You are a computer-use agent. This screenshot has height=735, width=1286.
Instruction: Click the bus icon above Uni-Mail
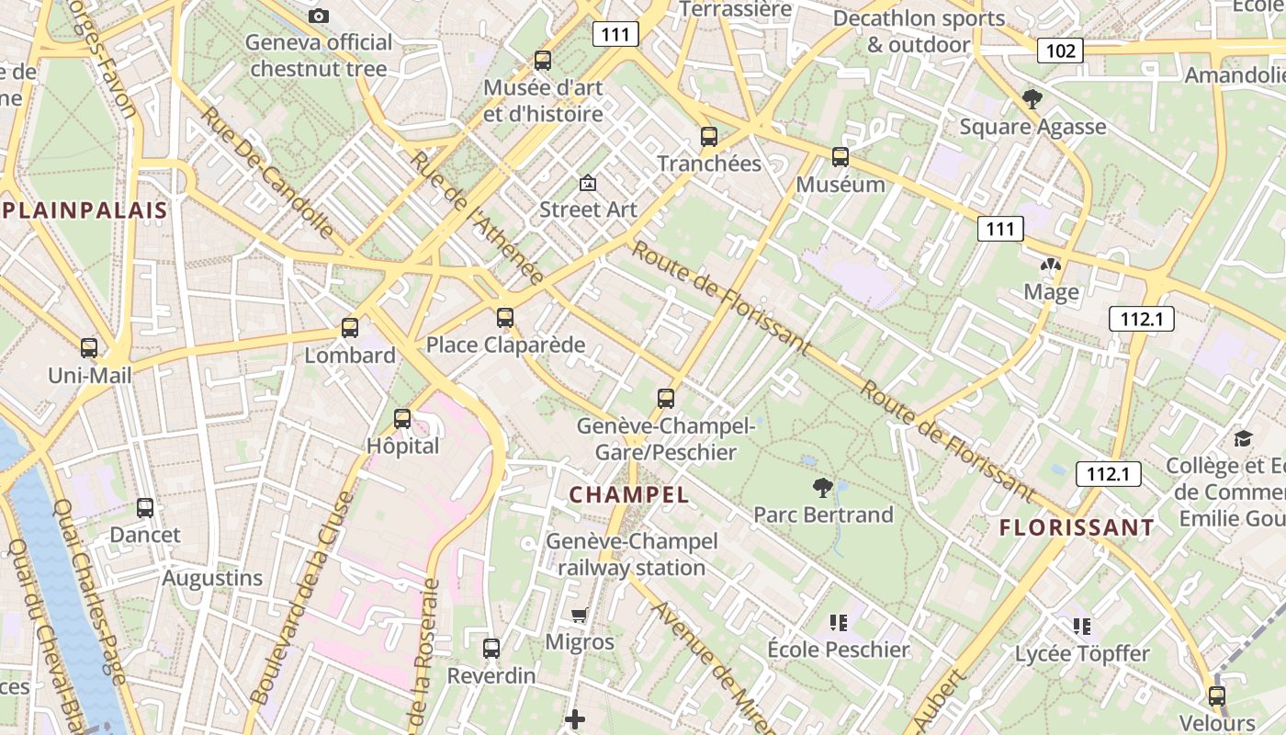click(89, 348)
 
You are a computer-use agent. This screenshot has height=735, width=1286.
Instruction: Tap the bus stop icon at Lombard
click(350, 328)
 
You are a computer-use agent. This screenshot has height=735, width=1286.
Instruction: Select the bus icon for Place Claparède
click(505, 318)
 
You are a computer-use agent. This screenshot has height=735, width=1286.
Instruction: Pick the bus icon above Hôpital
click(402, 419)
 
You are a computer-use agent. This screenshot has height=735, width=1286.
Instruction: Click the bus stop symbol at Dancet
click(145, 508)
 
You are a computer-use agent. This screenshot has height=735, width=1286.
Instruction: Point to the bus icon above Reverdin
click(491, 649)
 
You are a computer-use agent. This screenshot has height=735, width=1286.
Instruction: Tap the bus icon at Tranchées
click(709, 137)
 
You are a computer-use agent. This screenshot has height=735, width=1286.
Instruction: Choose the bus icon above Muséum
click(840, 157)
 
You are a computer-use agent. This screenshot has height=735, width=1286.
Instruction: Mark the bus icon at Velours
click(1217, 696)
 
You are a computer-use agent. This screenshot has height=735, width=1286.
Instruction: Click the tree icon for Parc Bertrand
click(823, 488)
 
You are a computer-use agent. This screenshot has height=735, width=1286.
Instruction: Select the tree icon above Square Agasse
click(1032, 99)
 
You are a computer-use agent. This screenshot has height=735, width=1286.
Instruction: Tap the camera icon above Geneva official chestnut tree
click(319, 16)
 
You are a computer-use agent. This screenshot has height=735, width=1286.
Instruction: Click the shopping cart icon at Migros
click(580, 615)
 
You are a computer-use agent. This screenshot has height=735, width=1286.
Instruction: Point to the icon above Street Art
click(588, 183)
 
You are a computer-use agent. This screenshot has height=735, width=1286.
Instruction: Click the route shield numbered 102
click(1060, 50)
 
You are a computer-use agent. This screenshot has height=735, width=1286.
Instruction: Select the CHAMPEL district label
click(629, 494)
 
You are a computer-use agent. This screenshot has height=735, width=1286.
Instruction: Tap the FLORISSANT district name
click(1076, 527)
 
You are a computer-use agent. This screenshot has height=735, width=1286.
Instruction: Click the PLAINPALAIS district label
click(85, 210)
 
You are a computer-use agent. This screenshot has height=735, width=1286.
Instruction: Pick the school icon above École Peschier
click(838, 623)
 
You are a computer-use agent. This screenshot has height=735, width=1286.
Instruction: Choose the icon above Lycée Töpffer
click(1082, 627)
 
